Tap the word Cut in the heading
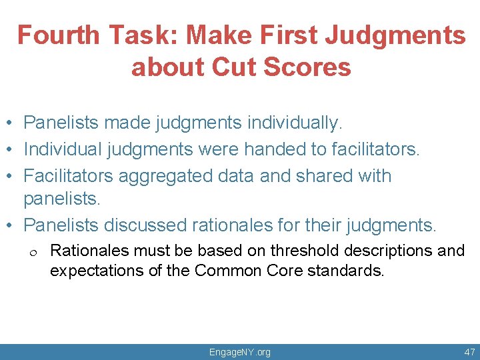(245, 67)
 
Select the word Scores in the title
(313, 67)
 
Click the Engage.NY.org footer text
(240, 352)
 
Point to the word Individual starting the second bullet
(63, 149)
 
